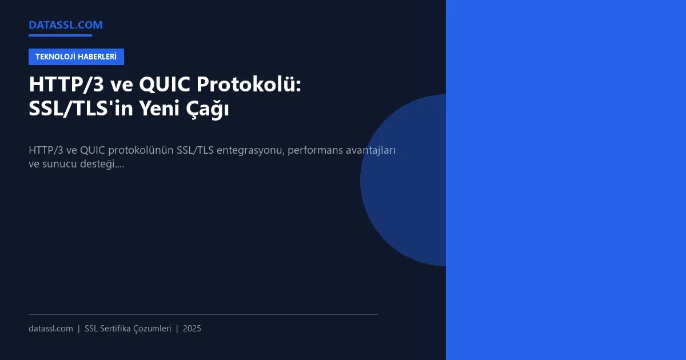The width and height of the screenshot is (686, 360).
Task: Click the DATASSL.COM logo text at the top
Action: pyautogui.click(x=66, y=25)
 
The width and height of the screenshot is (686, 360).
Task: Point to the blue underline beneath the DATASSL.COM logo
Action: pyautogui.click(x=60, y=35)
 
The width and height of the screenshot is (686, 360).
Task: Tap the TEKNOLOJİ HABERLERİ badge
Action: pyautogui.click(x=76, y=57)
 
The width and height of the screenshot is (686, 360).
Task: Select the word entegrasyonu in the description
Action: pyautogui.click(x=251, y=150)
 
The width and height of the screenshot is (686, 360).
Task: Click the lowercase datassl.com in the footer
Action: pyautogui.click(x=51, y=329)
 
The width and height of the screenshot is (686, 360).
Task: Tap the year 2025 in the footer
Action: pyautogui.click(x=192, y=329)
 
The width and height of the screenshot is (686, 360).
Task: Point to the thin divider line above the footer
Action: pyautogui.click(x=203, y=314)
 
